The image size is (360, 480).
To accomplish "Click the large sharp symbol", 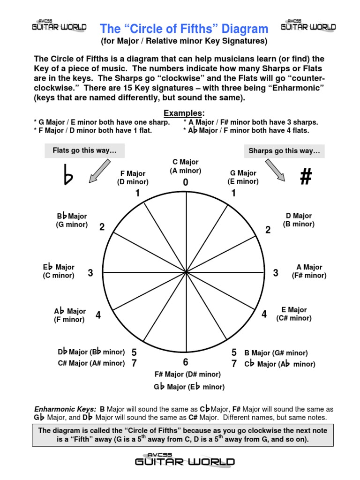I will tap(306, 177).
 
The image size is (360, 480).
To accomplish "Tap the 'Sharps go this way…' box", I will tap(284, 151).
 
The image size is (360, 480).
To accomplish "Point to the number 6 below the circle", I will tap(186, 362).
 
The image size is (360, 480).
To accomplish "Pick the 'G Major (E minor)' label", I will tap(243, 177).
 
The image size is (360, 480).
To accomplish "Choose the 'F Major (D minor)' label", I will tap(133, 178).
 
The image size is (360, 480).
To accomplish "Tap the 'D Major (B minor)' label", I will tap(299, 220).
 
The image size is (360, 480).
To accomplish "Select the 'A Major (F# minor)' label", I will tap(309, 271).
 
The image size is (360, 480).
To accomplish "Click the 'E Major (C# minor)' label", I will tap(294, 314).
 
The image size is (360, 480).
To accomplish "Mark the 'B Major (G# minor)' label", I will tap(276, 353).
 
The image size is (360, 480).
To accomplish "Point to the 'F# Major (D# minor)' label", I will tap(187, 375).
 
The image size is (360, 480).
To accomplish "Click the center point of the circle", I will tap(187, 272).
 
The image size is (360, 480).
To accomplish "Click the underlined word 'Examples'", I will tap(184, 113).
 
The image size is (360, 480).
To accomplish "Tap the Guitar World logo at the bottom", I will tap(185, 461).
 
